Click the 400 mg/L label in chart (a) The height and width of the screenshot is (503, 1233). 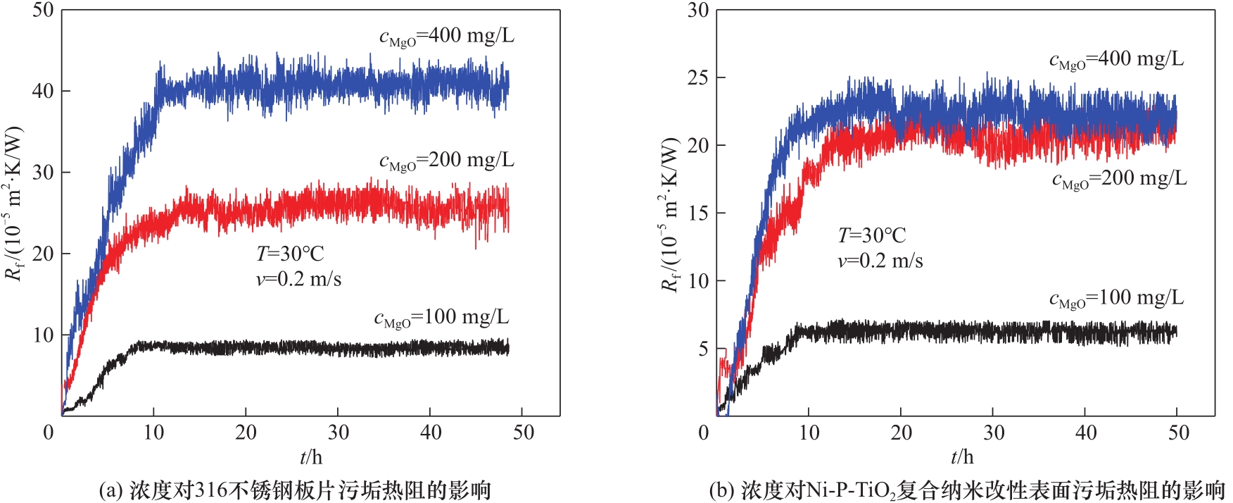coord(447,36)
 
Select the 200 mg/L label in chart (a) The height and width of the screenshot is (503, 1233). coord(447,161)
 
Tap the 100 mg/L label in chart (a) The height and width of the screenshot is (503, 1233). coord(441,318)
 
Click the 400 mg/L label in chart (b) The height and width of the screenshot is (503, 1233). coord(1117,59)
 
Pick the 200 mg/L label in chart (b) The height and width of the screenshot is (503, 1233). coord(1119,179)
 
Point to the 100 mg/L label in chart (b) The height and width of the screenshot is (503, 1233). coord(1117,299)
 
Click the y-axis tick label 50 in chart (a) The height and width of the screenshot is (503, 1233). coord(43,11)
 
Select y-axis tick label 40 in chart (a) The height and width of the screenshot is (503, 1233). coord(43,91)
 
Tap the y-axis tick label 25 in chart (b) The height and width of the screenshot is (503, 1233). coord(698,77)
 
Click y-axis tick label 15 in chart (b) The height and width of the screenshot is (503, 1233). coord(698,213)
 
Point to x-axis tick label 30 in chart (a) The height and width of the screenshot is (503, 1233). coord(339,432)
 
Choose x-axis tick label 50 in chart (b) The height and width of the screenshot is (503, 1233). coord(1178,432)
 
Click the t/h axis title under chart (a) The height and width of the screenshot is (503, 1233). coord(310,457)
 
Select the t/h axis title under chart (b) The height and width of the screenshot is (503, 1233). coord(962,457)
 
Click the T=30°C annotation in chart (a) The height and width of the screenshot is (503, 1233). coord(290,254)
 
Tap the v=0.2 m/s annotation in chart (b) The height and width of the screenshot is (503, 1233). coord(880,261)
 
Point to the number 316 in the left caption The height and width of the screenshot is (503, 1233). coord(210,490)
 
